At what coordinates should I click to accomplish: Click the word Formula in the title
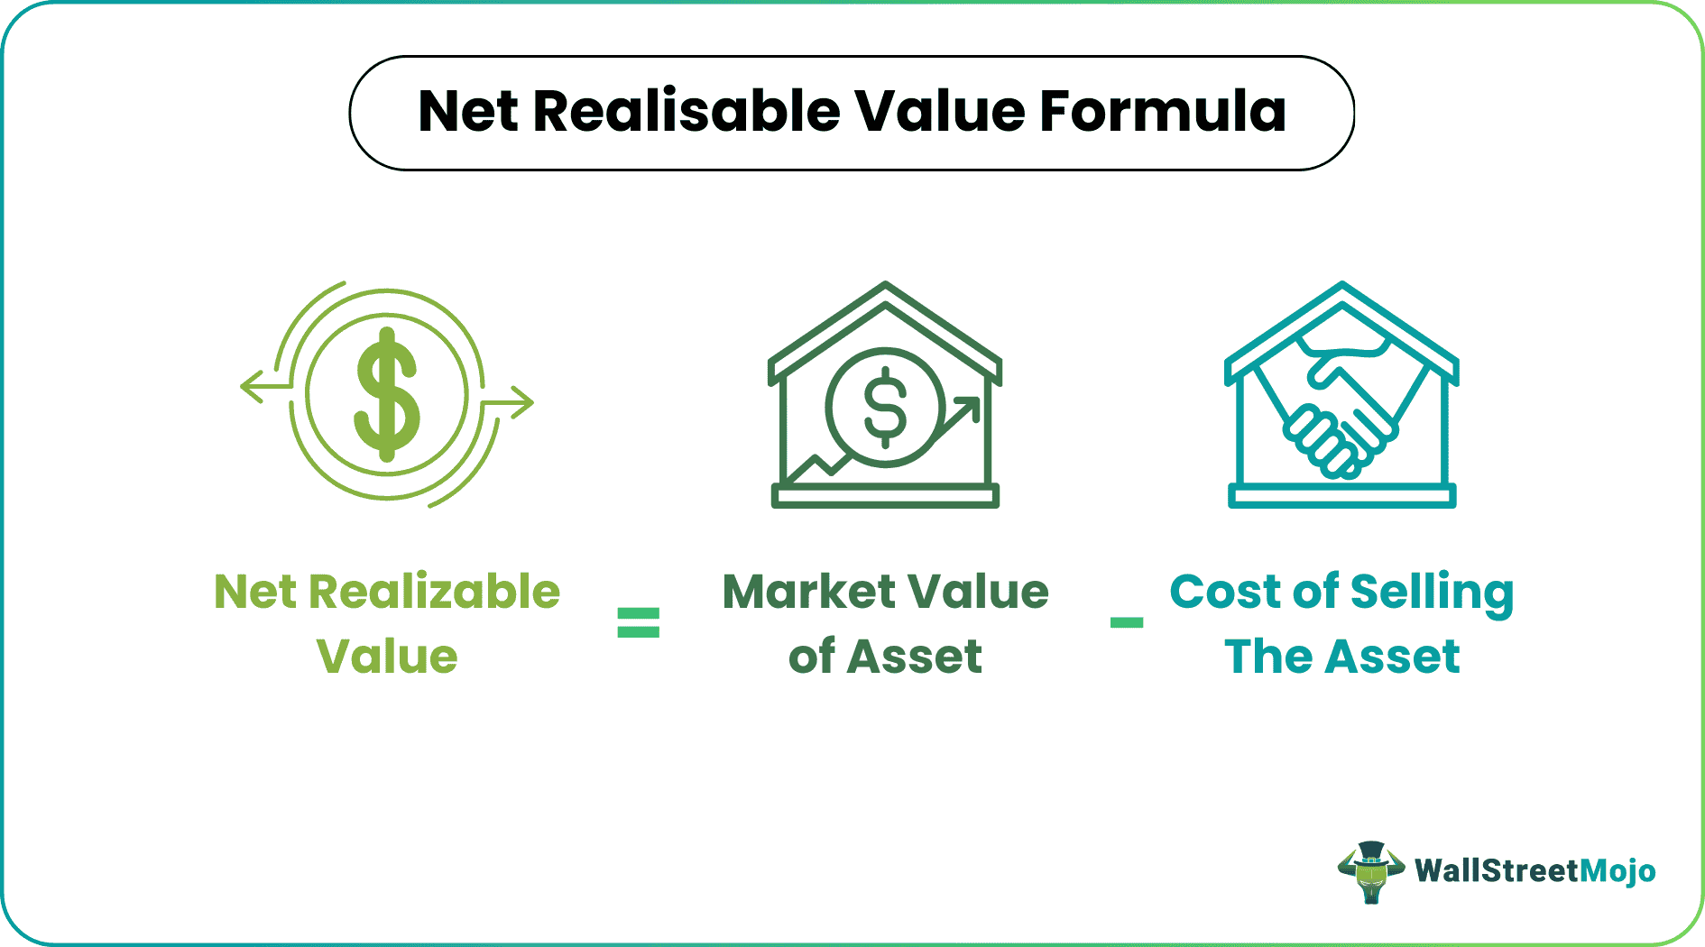[x=1163, y=112]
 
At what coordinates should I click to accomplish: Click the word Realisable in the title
[x=687, y=112]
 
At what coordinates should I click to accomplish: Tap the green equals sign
[x=638, y=622]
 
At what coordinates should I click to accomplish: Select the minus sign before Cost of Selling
[x=1126, y=622]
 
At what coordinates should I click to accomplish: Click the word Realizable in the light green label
[x=434, y=593]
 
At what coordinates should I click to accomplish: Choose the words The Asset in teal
[x=1341, y=657]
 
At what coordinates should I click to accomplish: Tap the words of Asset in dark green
[x=885, y=657]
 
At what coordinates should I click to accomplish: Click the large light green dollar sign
[x=387, y=394]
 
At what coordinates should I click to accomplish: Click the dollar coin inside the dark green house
[x=885, y=407]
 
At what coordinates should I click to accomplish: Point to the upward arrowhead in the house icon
[x=968, y=407]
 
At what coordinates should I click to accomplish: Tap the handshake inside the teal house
[x=1341, y=406]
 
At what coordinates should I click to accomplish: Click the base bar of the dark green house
[x=885, y=495]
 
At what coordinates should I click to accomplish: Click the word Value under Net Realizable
[x=387, y=657]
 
